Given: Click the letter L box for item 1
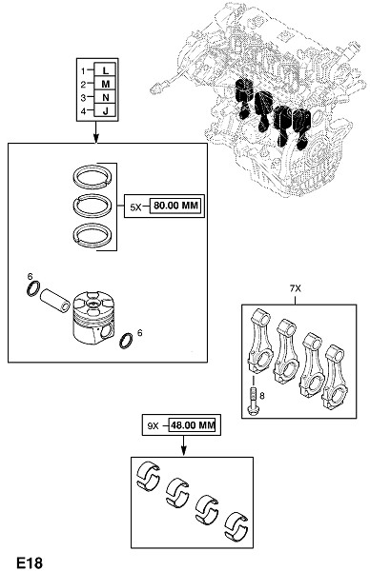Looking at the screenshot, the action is pos(105,69).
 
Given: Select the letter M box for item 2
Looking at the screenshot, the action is pos(105,84).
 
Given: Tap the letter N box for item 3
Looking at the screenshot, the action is pos(105,97).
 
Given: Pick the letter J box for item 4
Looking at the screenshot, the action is pos(105,110).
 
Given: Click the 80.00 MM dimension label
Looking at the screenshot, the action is pos(175,206).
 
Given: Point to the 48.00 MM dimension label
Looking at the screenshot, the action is pos(193,425).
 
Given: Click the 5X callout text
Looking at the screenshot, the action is pos(135,207).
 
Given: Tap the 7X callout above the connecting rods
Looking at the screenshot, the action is pos(296,288).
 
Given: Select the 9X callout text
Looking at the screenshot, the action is pos(153,425).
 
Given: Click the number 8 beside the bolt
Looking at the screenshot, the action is pos(262,395).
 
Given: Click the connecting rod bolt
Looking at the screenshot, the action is pos(253,402).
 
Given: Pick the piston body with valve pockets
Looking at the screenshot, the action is pos(93,317).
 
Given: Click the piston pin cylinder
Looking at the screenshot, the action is pos(54,300).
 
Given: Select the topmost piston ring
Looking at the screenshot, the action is pos(93,177).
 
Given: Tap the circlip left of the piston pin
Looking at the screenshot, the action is pos(32,288).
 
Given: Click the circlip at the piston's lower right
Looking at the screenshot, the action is pos(126,341).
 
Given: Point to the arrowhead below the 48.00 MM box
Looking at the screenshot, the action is pos(183,450).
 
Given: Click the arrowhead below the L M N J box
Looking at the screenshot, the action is pos(96,139).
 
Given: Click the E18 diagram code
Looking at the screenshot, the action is pos(30,562).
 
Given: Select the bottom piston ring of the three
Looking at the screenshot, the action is pos(93,236).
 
